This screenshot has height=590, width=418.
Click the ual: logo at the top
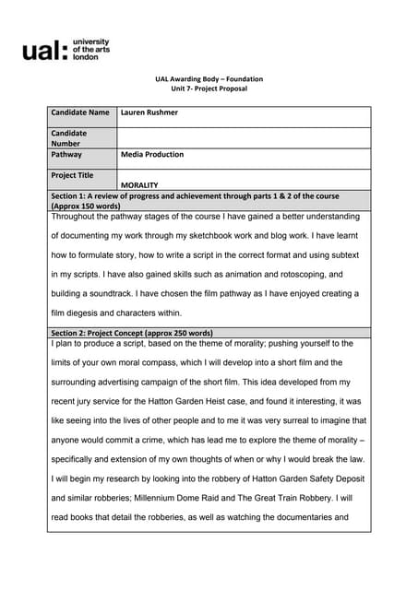click(x=66, y=49)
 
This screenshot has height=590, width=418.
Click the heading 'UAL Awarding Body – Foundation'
click(x=209, y=79)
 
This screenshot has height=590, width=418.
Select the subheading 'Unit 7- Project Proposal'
click(x=209, y=88)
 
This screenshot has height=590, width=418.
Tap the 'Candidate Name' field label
click(x=80, y=112)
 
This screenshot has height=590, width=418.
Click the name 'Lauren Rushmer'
click(x=150, y=112)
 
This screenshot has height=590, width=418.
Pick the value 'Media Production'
click(x=152, y=155)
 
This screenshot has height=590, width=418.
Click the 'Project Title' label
click(x=73, y=174)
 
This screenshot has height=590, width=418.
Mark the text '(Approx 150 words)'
click(x=84, y=206)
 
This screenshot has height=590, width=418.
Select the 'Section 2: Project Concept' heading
click(x=132, y=333)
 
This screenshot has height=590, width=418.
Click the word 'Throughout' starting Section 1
click(x=75, y=218)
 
